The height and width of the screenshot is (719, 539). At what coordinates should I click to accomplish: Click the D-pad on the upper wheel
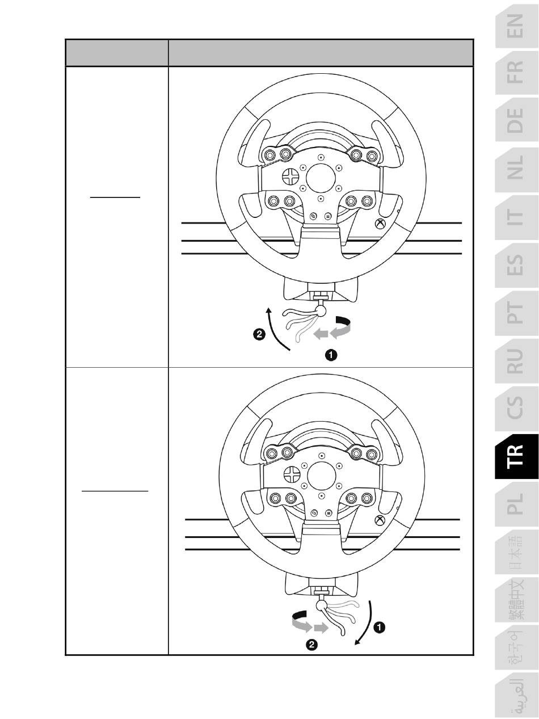[x=290, y=175]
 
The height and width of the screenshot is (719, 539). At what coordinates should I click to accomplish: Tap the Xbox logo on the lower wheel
[x=380, y=521]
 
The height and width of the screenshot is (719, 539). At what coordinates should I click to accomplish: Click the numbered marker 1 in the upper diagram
[x=330, y=355]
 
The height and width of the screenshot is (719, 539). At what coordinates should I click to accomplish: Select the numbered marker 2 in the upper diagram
[x=259, y=335]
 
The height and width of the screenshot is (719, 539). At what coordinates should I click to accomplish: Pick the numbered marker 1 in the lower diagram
[x=380, y=627]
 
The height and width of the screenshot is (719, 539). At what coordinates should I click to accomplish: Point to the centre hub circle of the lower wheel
[x=322, y=474]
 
